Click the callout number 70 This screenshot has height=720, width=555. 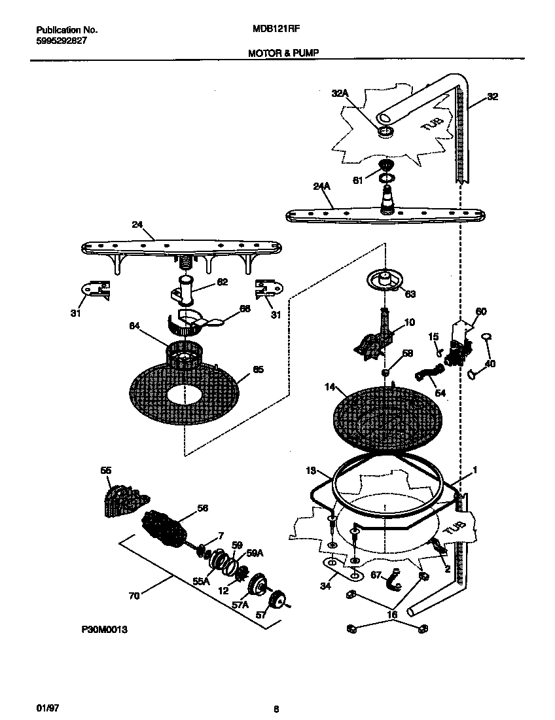[134, 596]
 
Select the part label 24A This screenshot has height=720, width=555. [321, 187]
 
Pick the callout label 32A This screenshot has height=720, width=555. [340, 94]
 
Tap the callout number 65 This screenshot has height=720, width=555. [258, 370]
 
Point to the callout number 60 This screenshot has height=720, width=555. [481, 312]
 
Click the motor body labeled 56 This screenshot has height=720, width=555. [165, 521]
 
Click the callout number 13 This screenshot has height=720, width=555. [311, 471]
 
